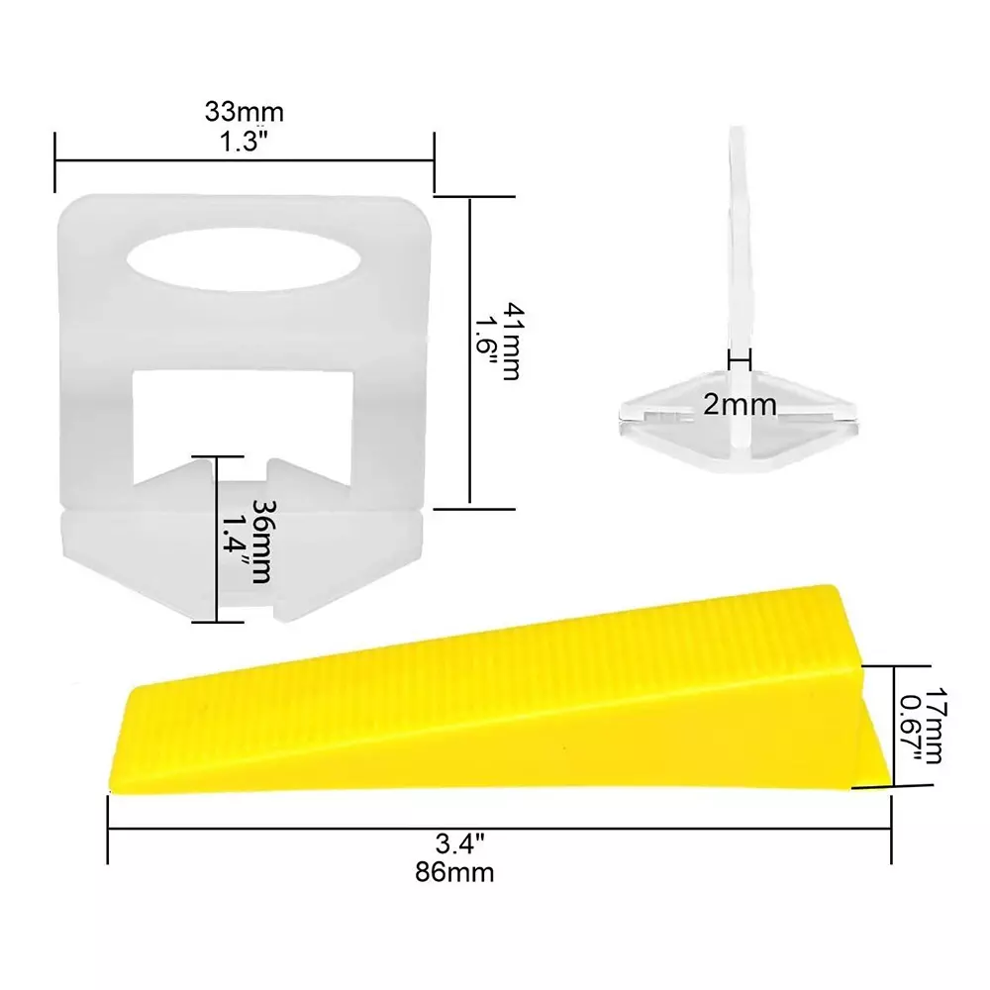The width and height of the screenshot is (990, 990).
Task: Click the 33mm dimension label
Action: [x=245, y=113]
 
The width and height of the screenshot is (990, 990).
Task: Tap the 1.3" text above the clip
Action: [x=244, y=142]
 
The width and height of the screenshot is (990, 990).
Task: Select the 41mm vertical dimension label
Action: [x=511, y=342]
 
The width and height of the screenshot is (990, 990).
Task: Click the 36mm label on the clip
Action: [x=262, y=542]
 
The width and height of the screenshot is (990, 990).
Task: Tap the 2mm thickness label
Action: [x=740, y=405]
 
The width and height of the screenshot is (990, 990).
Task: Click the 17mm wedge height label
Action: [x=936, y=726]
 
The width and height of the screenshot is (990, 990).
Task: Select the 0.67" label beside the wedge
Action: [x=911, y=727]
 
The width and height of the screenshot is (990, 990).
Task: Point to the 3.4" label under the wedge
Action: [x=459, y=842]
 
